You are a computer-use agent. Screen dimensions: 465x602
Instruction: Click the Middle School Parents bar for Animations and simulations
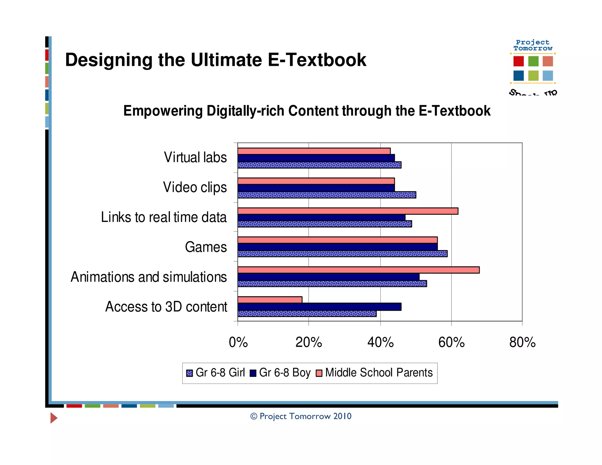[358, 270]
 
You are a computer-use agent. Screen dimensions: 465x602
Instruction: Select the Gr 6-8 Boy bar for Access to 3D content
[319, 307]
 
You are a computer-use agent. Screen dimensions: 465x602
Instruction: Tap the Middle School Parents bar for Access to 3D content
[270, 300]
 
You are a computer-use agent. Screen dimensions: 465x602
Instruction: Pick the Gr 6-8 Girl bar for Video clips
[327, 195]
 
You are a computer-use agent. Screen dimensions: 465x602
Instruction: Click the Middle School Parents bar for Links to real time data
[348, 211]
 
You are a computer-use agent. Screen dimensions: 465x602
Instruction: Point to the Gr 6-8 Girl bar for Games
[342, 254]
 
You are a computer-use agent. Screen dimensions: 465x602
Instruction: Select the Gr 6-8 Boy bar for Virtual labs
[316, 158]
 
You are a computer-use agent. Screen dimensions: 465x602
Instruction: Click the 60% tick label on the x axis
[451, 342]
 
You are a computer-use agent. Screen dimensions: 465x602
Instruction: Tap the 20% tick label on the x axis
[309, 342]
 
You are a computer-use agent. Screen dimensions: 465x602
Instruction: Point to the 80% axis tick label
[522, 342]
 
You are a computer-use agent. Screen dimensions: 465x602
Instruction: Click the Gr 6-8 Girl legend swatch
[190, 373]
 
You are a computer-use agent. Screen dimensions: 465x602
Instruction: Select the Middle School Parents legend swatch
[319, 373]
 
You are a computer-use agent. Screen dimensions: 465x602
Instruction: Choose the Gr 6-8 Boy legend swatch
[253, 373]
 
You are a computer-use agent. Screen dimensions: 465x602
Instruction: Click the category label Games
[206, 247]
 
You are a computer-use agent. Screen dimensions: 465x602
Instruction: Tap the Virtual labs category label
[195, 157]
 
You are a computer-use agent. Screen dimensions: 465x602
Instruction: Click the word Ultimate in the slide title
[226, 60]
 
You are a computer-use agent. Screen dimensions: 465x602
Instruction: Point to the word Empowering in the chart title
[163, 111]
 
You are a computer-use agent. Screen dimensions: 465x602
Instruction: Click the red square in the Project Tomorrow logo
[518, 61]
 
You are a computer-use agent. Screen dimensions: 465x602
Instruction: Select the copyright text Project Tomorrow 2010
[301, 416]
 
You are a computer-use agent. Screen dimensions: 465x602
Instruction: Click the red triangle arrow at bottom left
[53, 418]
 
